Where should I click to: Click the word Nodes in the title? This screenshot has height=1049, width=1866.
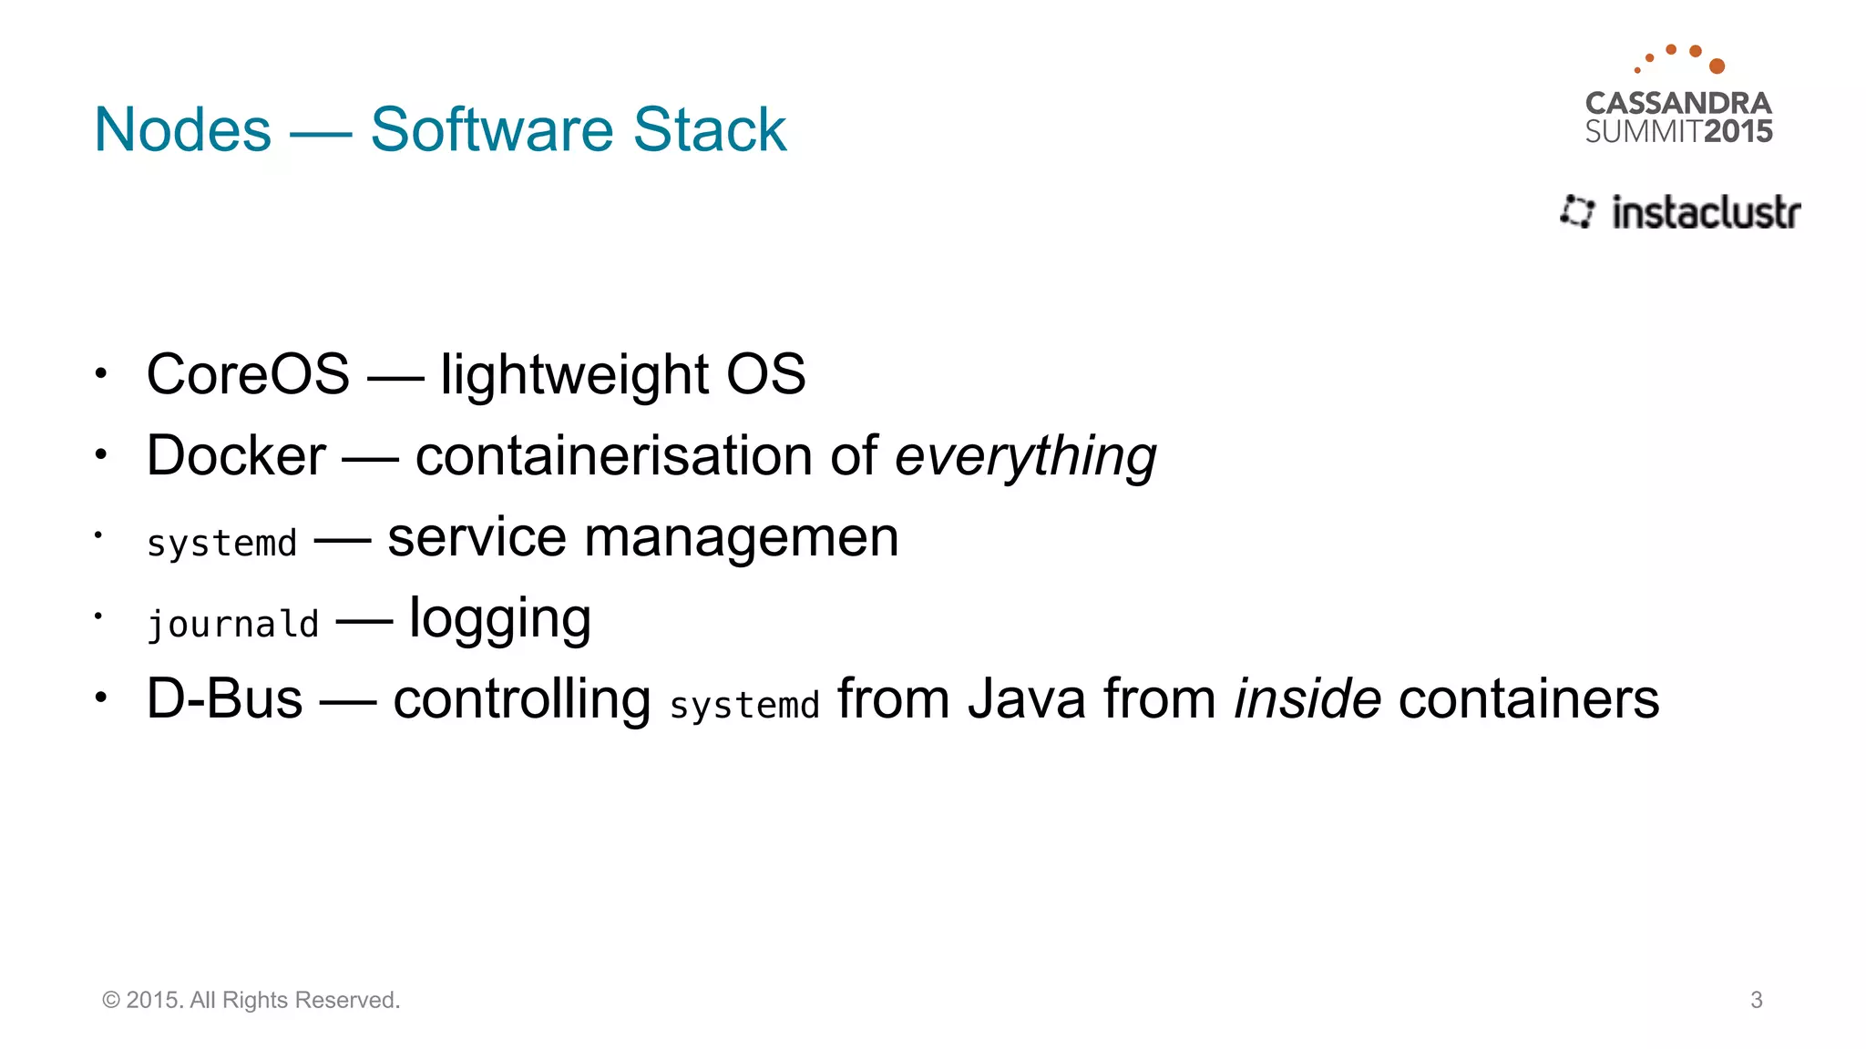(182, 129)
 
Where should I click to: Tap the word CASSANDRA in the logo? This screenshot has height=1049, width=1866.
(1678, 103)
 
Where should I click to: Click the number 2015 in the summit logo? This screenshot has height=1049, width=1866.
(1738, 132)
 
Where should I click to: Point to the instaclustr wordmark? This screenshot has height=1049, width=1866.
(1706, 212)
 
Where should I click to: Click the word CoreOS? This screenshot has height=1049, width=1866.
(248, 374)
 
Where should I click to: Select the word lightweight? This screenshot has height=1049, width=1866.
(574, 374)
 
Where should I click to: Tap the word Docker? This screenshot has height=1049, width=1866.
(236, 455)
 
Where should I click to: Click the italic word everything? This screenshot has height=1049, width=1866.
(1025, 455)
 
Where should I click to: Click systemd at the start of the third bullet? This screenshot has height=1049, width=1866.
(221, 544)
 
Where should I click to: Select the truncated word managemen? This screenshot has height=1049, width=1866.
(741, 537)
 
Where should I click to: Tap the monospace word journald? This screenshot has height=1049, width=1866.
(233, 625)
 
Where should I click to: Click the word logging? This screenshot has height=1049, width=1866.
(500, 619)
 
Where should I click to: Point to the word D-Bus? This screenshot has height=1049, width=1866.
(225, 699)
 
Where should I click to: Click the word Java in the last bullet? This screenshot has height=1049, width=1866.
(1026, 699)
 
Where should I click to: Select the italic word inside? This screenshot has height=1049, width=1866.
(1307, 699)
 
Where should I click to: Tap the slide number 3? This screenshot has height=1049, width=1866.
(1757, 1000)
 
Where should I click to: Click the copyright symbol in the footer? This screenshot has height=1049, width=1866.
(111, 1000)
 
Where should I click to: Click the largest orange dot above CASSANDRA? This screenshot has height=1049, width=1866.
(1717, 66)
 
